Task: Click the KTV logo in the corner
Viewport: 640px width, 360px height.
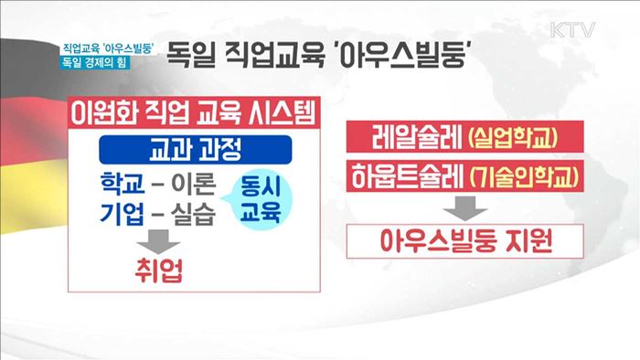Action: (573, 29)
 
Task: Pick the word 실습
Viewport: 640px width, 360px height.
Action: (191, 217)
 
